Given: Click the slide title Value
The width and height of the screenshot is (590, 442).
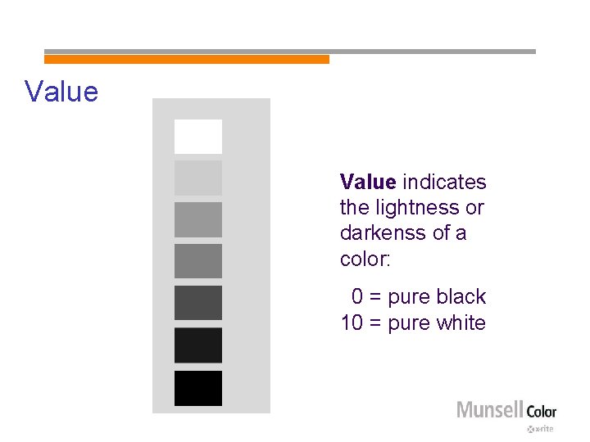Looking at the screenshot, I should [61, 91].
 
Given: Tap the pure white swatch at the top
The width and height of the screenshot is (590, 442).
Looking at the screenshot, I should [197, 136].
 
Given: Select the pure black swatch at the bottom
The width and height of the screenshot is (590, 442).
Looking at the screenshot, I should [197, 388].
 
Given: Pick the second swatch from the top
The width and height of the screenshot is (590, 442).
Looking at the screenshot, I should [197, 178].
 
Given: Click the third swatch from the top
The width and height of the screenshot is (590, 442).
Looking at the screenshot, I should [197, 219].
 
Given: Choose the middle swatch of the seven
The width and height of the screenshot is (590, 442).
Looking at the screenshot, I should [197, 261].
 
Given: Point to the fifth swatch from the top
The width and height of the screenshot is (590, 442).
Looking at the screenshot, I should [197, 303].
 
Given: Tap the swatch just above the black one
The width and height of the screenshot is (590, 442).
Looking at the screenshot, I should [197, 345].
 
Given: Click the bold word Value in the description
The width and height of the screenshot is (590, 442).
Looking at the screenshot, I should [368, 182].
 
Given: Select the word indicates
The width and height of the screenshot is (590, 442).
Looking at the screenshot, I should [444, 182].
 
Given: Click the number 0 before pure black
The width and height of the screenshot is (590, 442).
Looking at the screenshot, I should [357, 297].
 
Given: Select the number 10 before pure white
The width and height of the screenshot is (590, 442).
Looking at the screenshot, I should [352, 323].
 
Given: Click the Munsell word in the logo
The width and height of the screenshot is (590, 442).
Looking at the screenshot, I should [489, 410].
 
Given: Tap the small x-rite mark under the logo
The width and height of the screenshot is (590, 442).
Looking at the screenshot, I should [541, 429].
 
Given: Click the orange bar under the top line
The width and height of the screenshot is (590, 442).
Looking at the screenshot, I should [186, 60].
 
